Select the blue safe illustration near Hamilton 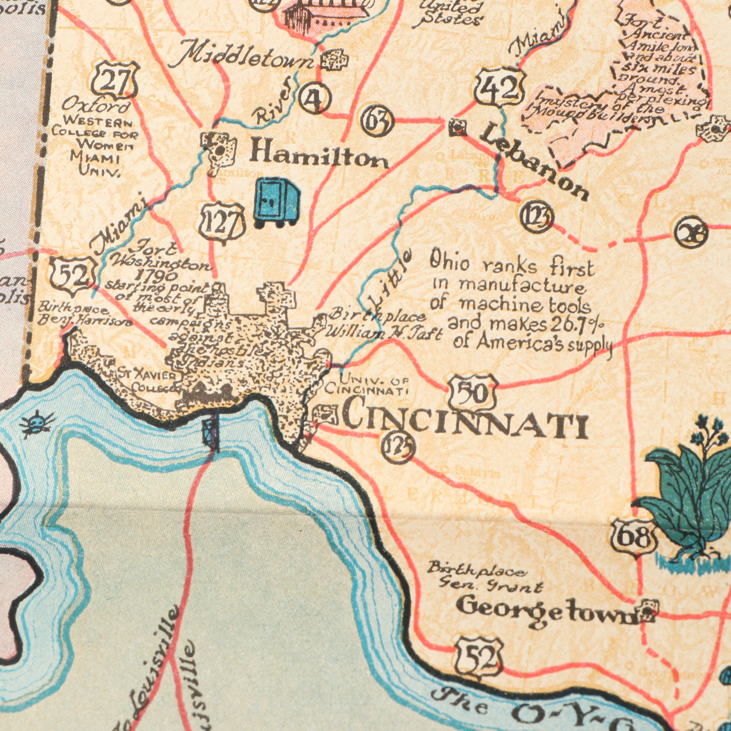point(277,203)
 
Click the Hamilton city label point(319,156)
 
